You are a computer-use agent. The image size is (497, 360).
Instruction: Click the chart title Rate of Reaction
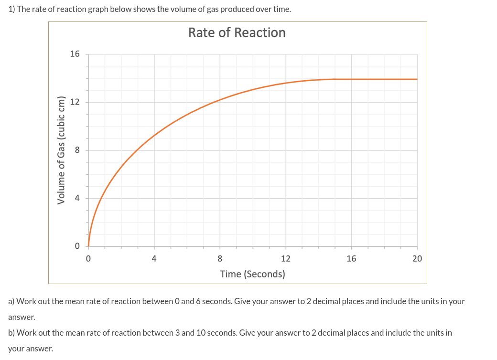click(237, 32)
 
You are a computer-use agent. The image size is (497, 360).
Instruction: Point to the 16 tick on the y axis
click(75, 54)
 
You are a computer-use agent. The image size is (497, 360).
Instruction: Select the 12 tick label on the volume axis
click(75, 102)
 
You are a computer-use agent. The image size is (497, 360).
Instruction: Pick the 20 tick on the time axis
click(417, 259)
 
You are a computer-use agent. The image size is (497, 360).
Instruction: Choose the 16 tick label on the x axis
click(351, 259)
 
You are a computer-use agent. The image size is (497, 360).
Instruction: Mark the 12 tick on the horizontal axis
click(285, 259)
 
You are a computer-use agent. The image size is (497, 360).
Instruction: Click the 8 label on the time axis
click(220, 259)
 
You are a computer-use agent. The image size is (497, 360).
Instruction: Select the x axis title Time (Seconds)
click(252, 274)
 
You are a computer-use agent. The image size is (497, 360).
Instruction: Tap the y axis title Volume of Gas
click(61, 150)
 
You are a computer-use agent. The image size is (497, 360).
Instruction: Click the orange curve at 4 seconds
click(154, 135)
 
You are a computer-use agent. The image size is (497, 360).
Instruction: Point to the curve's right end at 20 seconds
click(417, 79)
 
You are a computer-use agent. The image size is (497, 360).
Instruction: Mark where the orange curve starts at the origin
click(88, 246)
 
